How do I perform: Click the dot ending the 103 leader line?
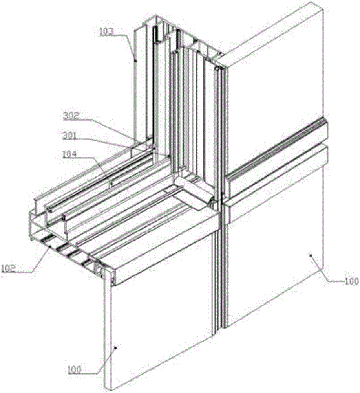[x=135, y=61]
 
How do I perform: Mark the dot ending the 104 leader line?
[x=111, y=183]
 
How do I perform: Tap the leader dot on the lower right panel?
[x=311, y=255]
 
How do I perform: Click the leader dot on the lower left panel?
[x=115, y=347]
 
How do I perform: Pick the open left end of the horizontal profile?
[x=37, y=228]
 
